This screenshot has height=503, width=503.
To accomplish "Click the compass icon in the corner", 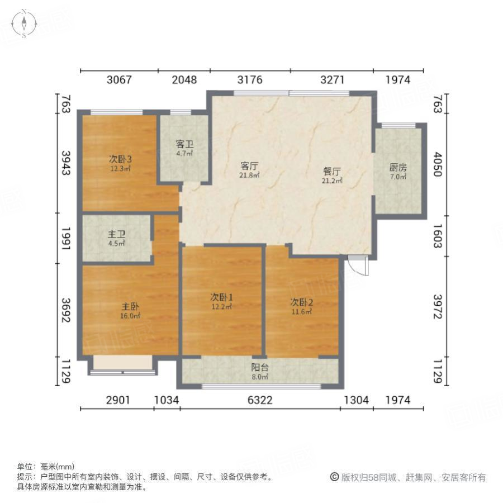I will [x=25, y=23].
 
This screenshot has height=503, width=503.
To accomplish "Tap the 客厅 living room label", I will [x=249, y=166].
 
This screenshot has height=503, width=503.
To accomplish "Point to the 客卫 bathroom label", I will [x=184, y=144].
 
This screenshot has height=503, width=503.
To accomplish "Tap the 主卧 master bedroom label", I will [x=131, y=307].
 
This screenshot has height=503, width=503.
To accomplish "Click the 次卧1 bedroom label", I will [x=221, y=297].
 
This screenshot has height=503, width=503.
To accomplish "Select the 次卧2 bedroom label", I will [x=302, y=302].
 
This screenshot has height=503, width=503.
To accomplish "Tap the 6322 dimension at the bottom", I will [x=259, y=400].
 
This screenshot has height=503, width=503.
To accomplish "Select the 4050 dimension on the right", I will [x=437, y=165].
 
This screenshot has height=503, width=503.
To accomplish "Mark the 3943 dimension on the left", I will [x=66, y=163].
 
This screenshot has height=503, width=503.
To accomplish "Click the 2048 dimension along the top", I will [x=184, y=80].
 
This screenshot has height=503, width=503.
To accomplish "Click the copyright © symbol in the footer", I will [x=334, y=477].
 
